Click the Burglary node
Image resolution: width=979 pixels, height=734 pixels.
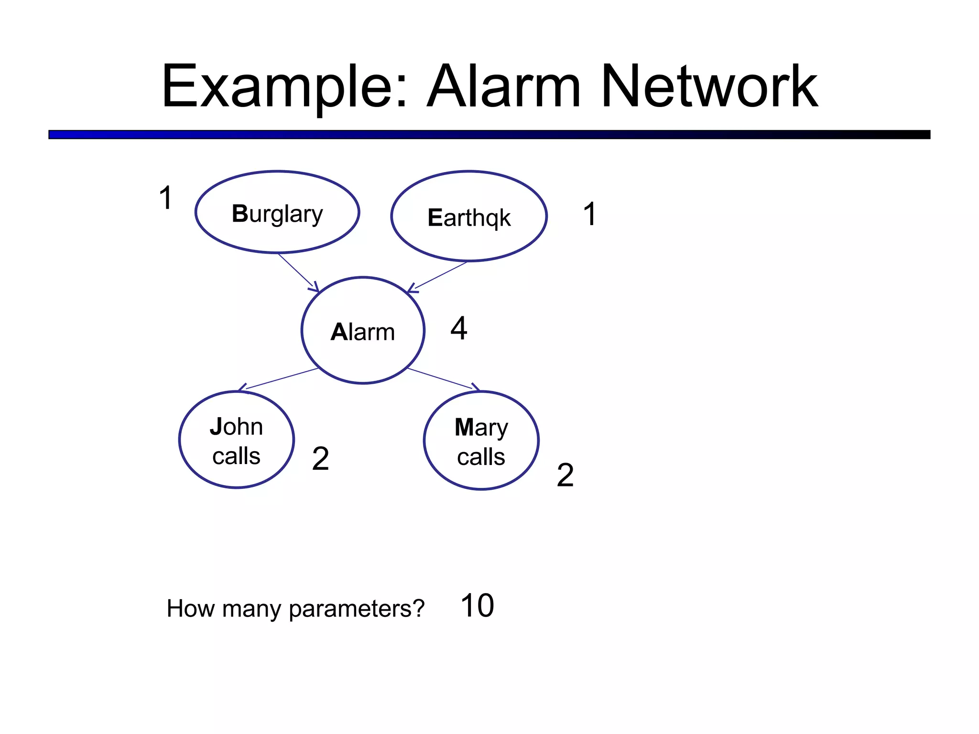pos(277,213)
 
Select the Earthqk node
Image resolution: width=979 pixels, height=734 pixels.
pos(468,216)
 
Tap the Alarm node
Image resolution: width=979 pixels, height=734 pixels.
pos(363,331)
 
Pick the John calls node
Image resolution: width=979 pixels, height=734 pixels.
pos(237,440)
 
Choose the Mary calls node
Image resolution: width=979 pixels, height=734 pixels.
pos(481,441)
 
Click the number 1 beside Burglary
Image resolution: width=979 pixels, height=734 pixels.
pos(165,198)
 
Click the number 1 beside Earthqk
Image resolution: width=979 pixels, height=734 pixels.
pos(590,214)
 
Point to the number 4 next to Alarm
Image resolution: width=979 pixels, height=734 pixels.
pos(458,328)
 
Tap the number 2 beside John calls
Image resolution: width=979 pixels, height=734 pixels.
pos(320,459)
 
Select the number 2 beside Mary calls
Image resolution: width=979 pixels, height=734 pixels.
pos(565,475)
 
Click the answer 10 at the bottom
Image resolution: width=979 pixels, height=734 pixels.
pos(477,606)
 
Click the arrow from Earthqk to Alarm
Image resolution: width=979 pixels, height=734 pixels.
pos(438,277)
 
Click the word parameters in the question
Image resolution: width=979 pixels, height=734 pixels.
pos(357,609)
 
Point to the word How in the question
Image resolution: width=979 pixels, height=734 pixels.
pos(190,609)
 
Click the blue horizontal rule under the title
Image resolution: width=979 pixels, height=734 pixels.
pos(489,135)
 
